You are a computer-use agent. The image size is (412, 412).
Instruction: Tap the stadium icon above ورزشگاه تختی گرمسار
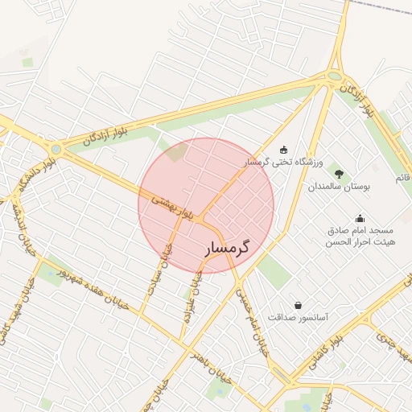point(282,149)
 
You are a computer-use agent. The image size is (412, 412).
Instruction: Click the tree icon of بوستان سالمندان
point(338,174)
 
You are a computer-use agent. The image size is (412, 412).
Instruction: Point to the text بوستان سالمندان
point(338,187)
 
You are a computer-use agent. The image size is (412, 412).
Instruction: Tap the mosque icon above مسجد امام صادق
point(359,217)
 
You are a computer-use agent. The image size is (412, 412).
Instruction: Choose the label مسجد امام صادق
point(359,230)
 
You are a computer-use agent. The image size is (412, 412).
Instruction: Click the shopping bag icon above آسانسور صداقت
point(299,305)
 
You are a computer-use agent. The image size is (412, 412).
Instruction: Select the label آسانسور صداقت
point(299,318)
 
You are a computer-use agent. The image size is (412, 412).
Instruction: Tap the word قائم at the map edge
point(403,175)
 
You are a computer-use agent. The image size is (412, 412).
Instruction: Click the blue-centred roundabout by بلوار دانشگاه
point(56,149)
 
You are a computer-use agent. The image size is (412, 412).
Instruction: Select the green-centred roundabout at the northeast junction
point(334,77)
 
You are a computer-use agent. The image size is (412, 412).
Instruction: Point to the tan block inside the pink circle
point(177,151)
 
